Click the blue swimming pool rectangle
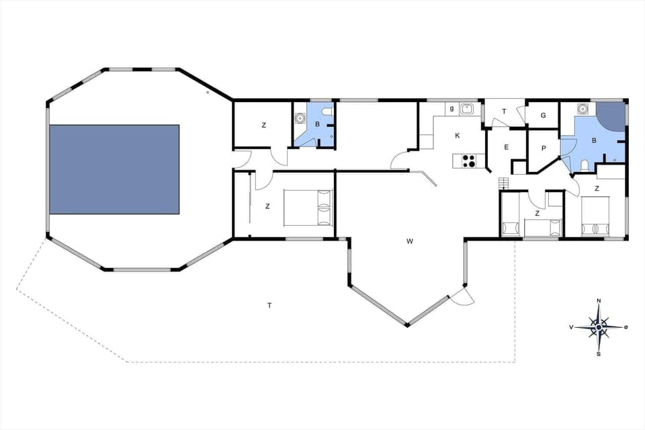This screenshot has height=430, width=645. pos(114,169)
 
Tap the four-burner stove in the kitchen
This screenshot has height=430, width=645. pos(468,160)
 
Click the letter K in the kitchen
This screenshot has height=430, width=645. pos(458,136)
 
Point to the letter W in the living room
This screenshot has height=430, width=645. pos(408,241)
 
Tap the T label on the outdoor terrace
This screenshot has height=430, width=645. pos(269,306)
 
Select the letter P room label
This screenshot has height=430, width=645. pos(543,148)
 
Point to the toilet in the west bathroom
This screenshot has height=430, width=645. pos(327,111)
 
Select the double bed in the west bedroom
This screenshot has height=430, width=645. pos(308,207)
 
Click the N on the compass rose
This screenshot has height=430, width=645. pos(599,300)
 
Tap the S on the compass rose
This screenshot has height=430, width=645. pos(599,353)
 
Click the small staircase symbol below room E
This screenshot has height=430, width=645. pos(504,181)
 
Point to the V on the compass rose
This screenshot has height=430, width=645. pos(572,327)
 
